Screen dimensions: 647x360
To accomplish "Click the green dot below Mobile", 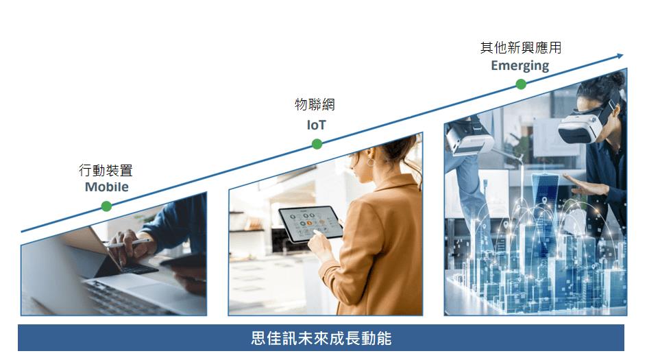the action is tap(106, 206).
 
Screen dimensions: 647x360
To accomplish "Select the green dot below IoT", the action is tap(317, 144).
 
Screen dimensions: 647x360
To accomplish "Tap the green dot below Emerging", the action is tap(521, 84).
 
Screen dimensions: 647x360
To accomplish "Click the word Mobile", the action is tap(106, 187).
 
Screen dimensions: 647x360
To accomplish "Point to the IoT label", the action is tap(316, 125).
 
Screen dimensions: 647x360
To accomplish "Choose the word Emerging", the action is tap(520, 66).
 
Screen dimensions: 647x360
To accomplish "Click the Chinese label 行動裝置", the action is tap(106, 170).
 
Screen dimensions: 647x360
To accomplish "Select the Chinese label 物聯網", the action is tap(315, 104).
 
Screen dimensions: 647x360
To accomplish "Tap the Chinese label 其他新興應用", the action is tap(521, 47).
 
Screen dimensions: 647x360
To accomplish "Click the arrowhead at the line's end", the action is tap(620, 56).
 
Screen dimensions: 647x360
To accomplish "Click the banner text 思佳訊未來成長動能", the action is tap(321, 338).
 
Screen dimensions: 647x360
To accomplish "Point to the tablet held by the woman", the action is tap(310, 224).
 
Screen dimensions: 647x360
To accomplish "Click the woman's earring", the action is tap(371, 161).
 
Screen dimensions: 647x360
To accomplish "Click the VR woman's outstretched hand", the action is tap(586, 184).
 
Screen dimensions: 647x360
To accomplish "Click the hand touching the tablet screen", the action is tap(321, 243).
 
